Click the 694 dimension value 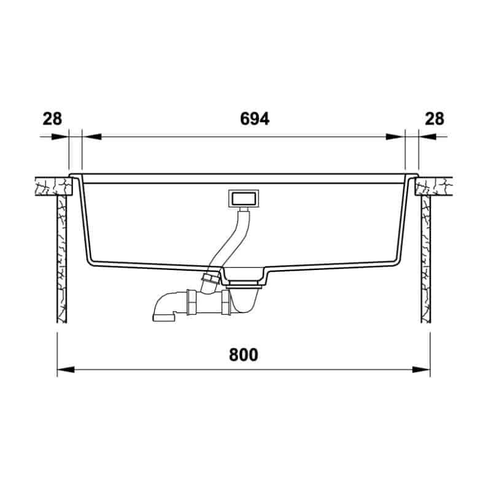coord(255,119)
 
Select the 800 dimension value coord(244,355)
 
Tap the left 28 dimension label coord(52,119)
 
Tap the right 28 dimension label coord(435,119)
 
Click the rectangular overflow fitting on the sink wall coord(244,198)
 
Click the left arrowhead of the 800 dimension coord(66,370)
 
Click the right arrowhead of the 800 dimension coord(422,370)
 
